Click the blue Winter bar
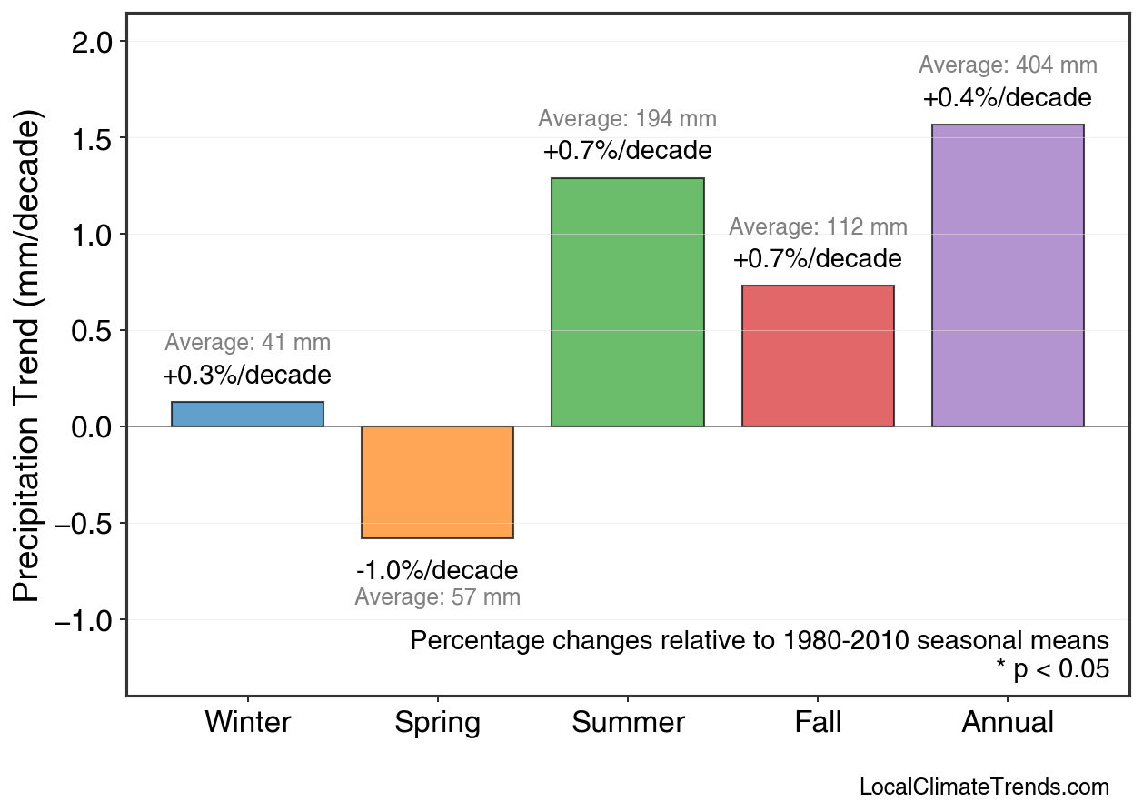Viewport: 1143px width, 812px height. point(247,415)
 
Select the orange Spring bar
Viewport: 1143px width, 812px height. point(437,482)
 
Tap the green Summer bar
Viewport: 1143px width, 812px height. point(627,302)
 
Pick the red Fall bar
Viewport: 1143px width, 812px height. point(818,356)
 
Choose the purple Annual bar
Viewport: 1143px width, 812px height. point(1008,276)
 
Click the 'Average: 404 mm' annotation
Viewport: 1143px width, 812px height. point(1008,65)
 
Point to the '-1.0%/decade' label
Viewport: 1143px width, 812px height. point(437,571)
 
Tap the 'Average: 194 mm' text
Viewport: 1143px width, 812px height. point(627,119)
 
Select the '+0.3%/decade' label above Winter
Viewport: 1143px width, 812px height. point(247,375)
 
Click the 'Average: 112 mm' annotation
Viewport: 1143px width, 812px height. point(818,227)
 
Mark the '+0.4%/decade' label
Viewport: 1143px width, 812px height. point(1008,97)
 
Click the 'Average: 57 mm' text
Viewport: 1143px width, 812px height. point(437,598)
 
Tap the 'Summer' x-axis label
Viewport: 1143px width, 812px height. point(627,723)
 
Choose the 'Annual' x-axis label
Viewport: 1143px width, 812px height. point(1008,723)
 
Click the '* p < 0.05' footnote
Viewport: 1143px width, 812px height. point(1052,669)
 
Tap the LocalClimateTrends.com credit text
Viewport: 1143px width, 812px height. point(983,787)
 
